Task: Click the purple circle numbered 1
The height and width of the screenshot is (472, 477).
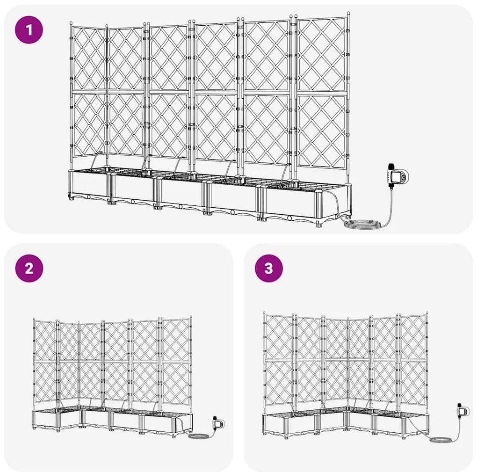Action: tap(29, 30)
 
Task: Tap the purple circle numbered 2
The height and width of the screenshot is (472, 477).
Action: tap(29, 269)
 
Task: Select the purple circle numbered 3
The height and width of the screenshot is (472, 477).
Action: tap(268, 269)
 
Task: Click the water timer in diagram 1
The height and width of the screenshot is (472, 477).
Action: tap(397, 176)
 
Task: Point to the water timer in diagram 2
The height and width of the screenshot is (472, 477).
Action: tap(218, 423)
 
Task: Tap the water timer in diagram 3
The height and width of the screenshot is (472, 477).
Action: tap(463, 412)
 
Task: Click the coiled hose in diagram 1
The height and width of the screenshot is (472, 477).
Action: tap(362, 225)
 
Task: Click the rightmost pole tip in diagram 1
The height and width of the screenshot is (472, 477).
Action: tap(348, 14)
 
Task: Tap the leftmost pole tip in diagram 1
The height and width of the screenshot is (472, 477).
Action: tap(71, 23)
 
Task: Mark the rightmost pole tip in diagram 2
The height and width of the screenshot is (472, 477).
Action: tap(191, 317)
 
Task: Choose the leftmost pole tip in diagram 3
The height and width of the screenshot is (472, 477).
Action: tap(264, 313)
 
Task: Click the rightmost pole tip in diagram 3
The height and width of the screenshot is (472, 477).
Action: tap(427, 312)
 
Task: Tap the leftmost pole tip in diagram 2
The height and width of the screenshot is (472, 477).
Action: tap(34, 320)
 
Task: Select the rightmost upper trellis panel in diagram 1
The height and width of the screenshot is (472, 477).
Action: tap(322, 55)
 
